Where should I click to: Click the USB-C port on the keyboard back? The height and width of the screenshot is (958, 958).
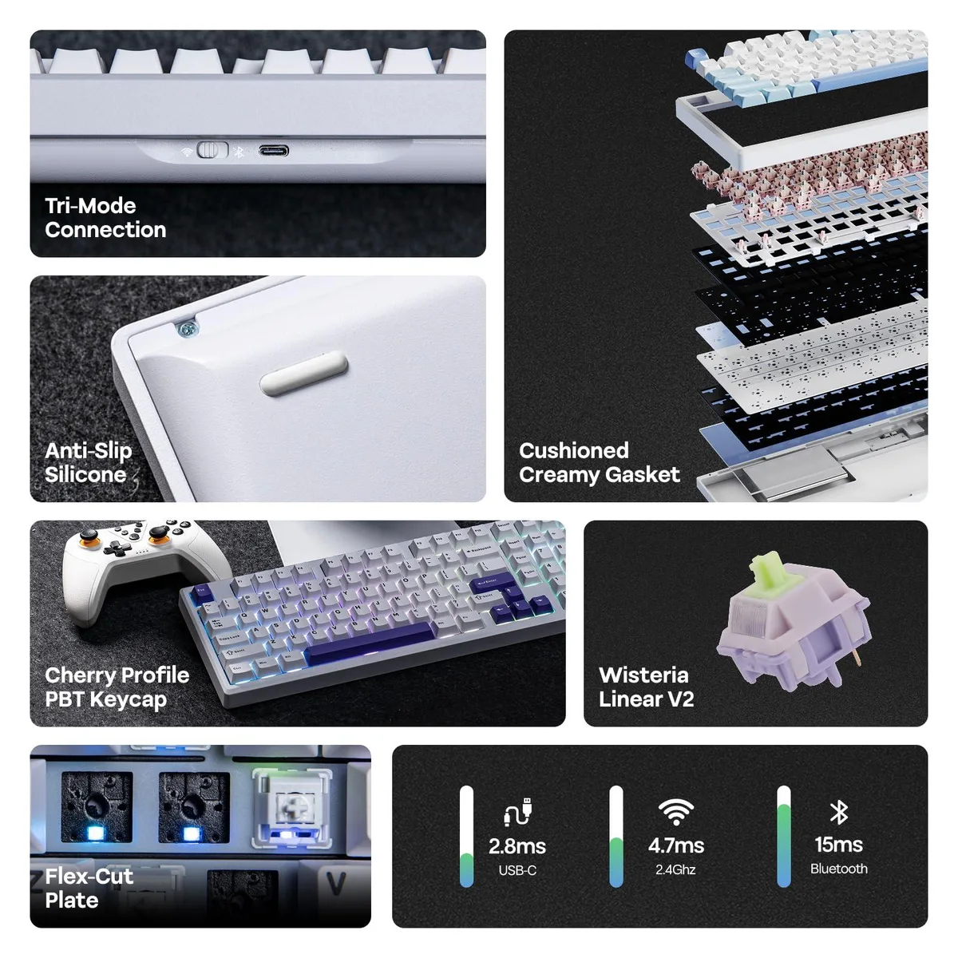274,150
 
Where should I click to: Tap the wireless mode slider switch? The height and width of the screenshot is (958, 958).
213,150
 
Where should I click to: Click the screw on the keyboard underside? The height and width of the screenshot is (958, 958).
188,328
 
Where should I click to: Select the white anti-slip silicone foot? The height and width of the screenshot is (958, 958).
303,374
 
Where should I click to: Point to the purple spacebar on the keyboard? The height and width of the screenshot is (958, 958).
370,643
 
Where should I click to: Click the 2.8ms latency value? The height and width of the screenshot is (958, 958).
517,845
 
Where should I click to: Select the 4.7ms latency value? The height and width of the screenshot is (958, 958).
675,845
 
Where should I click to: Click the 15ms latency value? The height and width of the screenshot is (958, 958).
839,844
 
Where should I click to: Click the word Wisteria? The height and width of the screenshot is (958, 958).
643,675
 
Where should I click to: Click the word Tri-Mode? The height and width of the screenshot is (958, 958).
90,205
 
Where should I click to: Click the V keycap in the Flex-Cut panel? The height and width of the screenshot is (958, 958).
335,884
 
